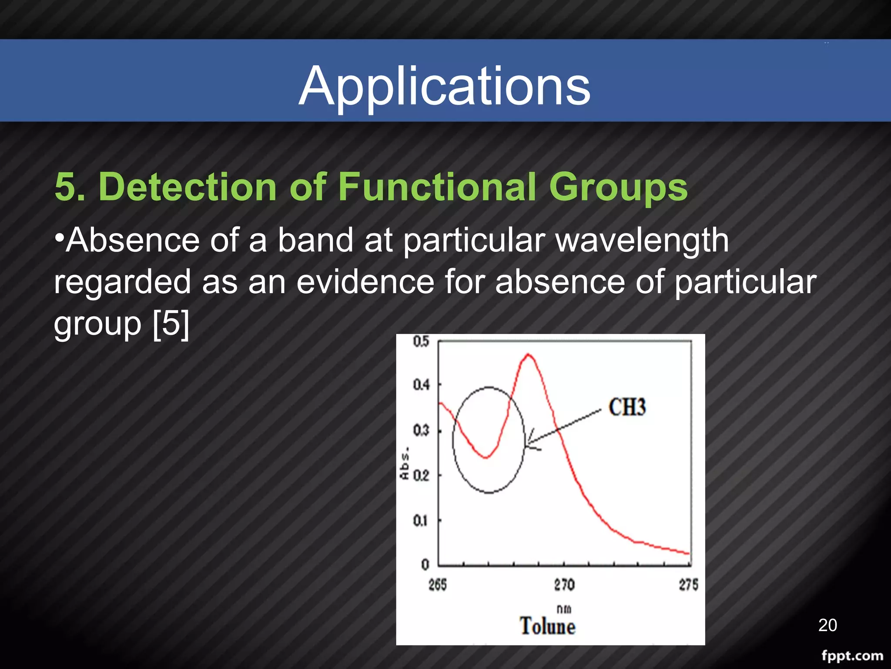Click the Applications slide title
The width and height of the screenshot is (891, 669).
pyautogui.click(x=444, y=86)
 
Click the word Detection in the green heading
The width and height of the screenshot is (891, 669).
pyautogui.click(x=188, y=187)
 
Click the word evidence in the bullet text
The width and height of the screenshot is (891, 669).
pyautogui.click(x=365, y=282)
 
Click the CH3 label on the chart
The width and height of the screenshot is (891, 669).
pyautogui.click(x=627, y=408)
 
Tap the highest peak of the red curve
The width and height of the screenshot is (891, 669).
pyautogui.click(x=528, y=355)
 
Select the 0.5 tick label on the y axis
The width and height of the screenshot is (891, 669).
pyautogui.click(x=421, y=341)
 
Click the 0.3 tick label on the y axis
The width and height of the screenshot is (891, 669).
pyautogui.click(x=421, y=431)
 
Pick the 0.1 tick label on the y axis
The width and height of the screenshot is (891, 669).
pyautogui.click(x=420, y=520)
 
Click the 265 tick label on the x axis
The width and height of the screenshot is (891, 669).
pyautogui.click(x=437, y=585)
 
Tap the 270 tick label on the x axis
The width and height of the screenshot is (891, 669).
pyautogui.click(x=564, y=585)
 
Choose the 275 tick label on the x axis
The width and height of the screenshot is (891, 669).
pyautogui.click(x=688, y=585)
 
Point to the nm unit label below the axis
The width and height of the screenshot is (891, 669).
pyautogui.click(x=564, y=609)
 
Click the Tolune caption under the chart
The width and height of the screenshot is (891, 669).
pyautogui.click(x=547, y=626)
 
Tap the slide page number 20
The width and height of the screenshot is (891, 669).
pyautogui.click(x=827, y=625)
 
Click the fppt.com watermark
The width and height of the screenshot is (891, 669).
pyautogui.click(x=852, y=655)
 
